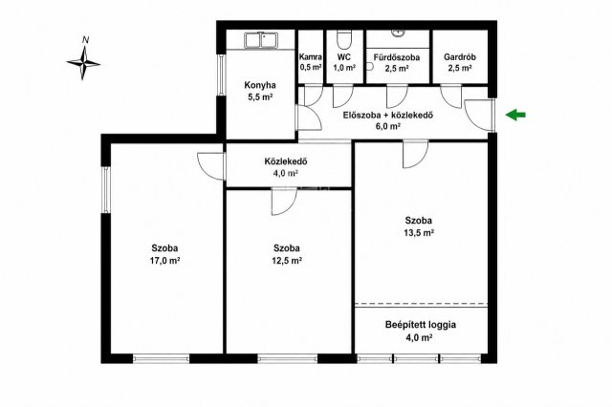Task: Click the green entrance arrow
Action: coord(515,115)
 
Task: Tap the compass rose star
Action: coord(83,63)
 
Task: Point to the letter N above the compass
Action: coord(86,40)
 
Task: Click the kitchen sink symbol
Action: coord(261,40)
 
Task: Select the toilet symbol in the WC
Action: coord(344,40)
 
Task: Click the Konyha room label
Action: coord(260,85)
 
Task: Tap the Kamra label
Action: coord(311,57)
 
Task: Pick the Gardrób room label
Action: coord(460,57)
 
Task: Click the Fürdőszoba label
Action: coord(397,57)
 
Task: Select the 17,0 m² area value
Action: coord(164,261)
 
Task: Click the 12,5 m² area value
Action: coord(287,261)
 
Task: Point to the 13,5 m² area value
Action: coord(419,233)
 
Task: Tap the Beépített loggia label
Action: coord(421,324)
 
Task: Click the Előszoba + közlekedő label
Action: coord(388,115)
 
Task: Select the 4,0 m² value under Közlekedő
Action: coord(286,173)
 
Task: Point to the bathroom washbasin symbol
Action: coord(398,33)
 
